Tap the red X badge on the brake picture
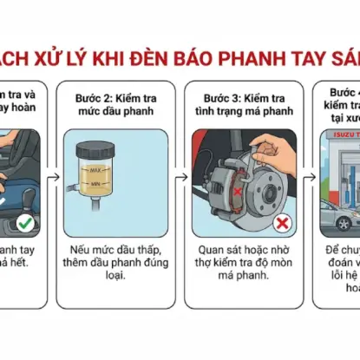tap(282, 223)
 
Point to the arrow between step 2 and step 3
tap(180, 178)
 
